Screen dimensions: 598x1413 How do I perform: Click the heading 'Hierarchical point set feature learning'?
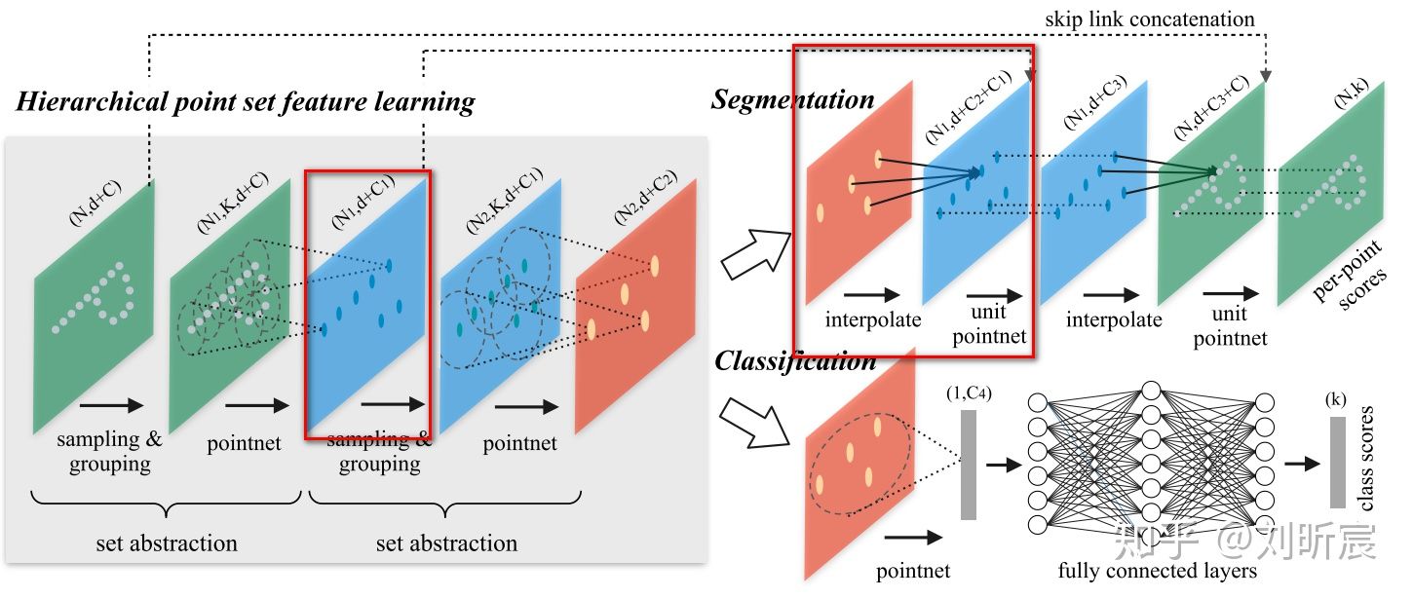[246, 102]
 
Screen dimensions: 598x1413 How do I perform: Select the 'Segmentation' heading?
[792, 99]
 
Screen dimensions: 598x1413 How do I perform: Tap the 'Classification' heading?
[795, 361]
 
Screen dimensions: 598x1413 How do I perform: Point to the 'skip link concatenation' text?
[1149, 19]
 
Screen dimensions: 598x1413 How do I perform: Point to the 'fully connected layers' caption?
[1158, 571]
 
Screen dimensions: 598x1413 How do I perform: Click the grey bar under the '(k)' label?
[1338, 463]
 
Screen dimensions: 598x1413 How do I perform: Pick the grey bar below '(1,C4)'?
[968, 465]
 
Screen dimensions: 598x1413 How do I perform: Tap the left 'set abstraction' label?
[167, 542]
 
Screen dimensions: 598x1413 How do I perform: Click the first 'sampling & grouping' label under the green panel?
[109, 451]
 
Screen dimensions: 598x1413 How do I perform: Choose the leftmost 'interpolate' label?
[872, 318]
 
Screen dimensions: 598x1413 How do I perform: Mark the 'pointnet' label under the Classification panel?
[913, 571]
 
